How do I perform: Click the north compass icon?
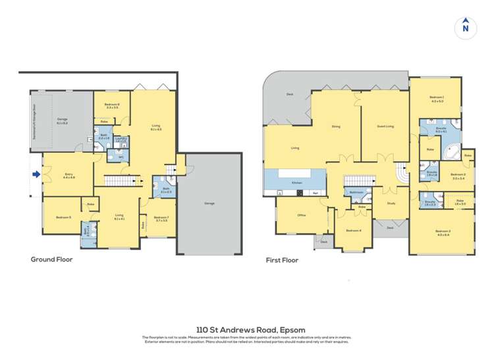[x=466, y=26]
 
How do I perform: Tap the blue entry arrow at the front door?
[x=36, y=174]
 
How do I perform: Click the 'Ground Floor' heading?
[x=51, y=259]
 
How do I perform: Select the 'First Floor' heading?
[x=282, y=260]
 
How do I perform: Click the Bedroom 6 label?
[x=111, y=105]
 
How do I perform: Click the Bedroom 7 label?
[x=161, y=219]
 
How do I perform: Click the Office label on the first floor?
[x=302, y=215]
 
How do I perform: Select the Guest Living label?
[x=385, y=126]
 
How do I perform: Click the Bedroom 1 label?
[x=437, y=99]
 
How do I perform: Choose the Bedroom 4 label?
[x=354, y=230]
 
